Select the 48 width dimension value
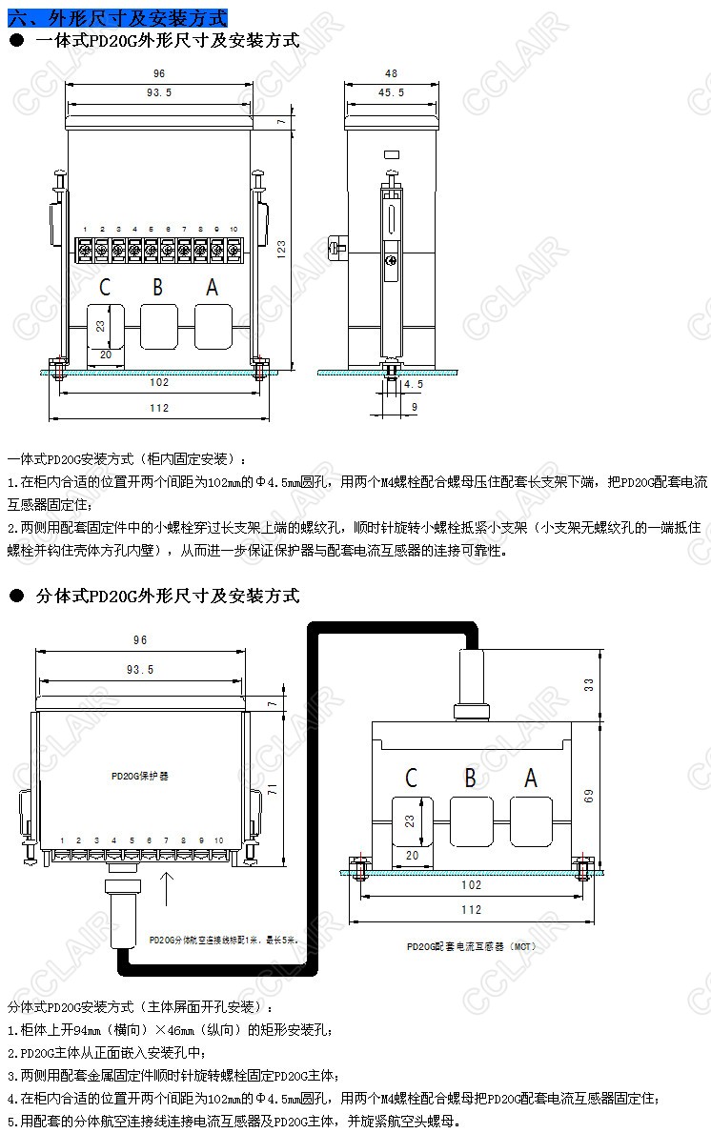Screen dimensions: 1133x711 point(391,73)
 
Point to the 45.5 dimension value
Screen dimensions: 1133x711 point(391,92)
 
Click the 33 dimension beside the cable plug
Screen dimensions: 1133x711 point(589,683)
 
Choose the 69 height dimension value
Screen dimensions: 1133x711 point(589,793)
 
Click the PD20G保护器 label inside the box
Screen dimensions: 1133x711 point(139,776)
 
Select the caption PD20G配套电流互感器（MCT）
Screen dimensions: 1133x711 point(470,947)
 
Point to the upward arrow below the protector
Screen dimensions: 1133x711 point(168,889)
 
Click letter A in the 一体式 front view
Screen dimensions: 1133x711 point(212,287)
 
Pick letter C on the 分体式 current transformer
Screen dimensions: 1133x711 point(411,778)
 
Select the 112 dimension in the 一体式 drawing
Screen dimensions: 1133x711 point(159,408)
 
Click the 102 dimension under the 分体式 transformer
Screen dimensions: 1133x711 point(471,884)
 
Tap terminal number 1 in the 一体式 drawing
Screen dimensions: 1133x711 point(86,230)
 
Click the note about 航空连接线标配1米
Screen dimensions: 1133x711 point(223,939)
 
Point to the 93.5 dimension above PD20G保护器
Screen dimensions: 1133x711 point(139,670)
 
